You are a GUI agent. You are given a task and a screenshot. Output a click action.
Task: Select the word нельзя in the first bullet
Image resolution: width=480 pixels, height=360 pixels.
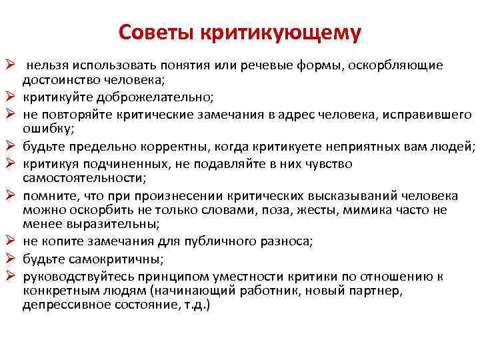(x=47, y=66)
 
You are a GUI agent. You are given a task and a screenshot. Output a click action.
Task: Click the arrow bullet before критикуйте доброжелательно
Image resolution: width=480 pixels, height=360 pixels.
(x=9, y=97)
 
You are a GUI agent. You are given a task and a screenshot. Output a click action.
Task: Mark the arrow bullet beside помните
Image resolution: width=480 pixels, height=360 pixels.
(x=9, y=196)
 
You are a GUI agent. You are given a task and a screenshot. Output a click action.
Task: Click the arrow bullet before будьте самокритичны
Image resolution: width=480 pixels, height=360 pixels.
(x=9, y=259)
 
